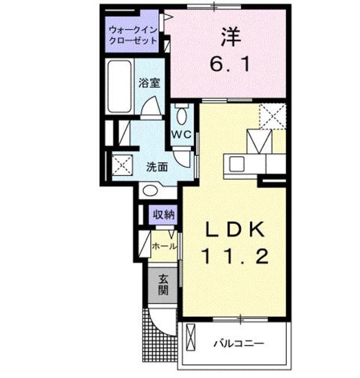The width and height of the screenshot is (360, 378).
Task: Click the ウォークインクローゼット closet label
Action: tap(133, 35)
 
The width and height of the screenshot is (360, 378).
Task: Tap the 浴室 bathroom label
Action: tap(149, 84)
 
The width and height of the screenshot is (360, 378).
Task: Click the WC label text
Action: tap(180, 135)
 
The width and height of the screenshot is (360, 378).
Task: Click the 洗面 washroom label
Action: tap(156, 167)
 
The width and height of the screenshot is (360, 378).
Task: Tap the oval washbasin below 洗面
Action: tap(151, 190)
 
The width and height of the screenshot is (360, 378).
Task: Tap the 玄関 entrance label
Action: tap(163, 285)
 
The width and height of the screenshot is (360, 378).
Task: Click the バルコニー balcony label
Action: tap(238, 343)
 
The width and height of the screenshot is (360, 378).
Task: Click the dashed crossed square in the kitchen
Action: tap(273, 116)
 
